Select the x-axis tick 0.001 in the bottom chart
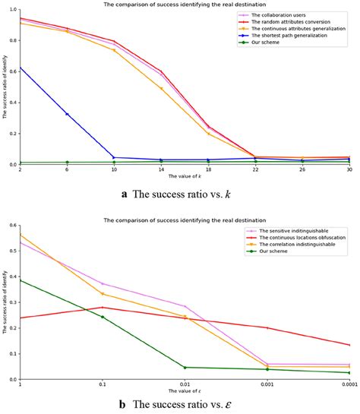click(267, 385)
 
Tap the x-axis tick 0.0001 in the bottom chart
click(348, 385)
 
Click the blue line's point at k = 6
click(67, 114)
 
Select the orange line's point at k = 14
click(161, 88)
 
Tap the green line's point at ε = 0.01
click(185, 368)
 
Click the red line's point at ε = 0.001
click(267, 328)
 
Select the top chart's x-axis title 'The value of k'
click(184, 178)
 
